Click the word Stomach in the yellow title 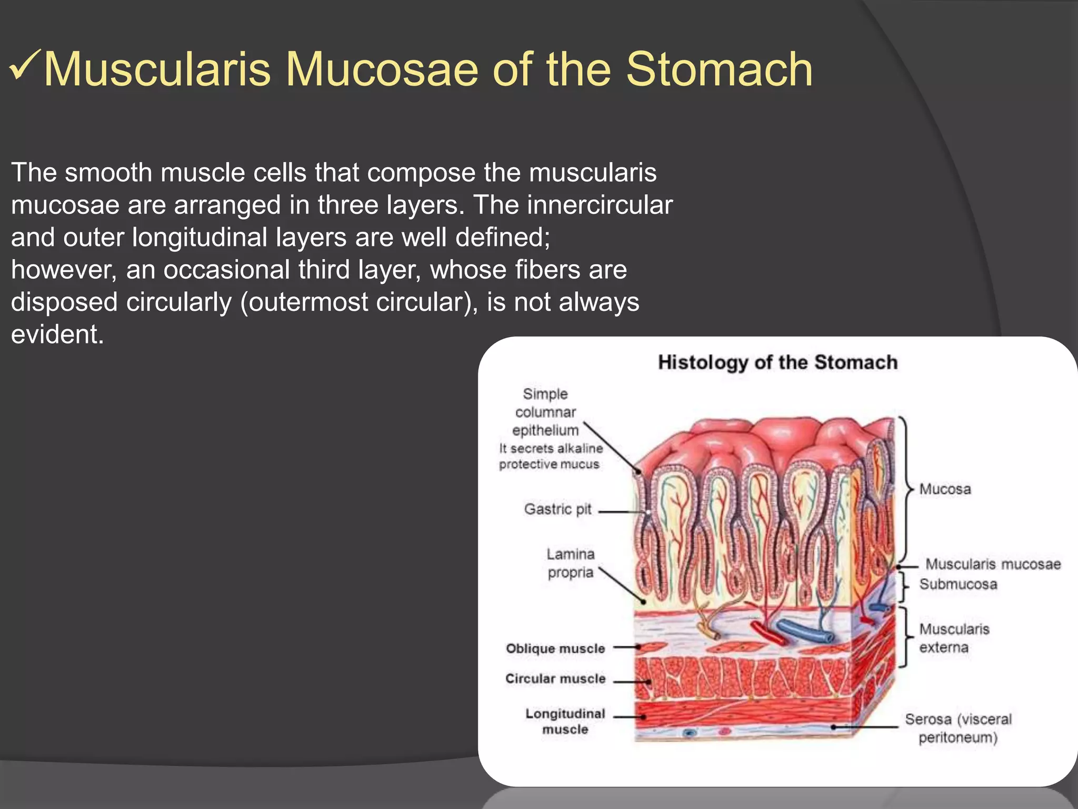(x=719, y=70)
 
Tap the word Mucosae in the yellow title (x=382, y=70)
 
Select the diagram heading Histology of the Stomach (x=777, y=362)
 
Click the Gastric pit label (x=557, y=509)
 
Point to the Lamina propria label (x=571, y=563)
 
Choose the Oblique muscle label (x=555, y=648)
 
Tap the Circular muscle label (x=555, y=678)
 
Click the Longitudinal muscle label (x=565, y=722)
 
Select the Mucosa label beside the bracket (x=945, y=489)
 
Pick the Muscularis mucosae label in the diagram (x=993, y=564)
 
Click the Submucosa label (x=958, y=584)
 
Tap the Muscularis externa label (x=954, y=638)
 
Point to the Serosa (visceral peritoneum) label (x=958, y=728)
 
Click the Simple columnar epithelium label (x=545, y=412)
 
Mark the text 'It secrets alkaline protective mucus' (x=550, y=456)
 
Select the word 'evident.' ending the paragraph (x=57, y=334)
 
